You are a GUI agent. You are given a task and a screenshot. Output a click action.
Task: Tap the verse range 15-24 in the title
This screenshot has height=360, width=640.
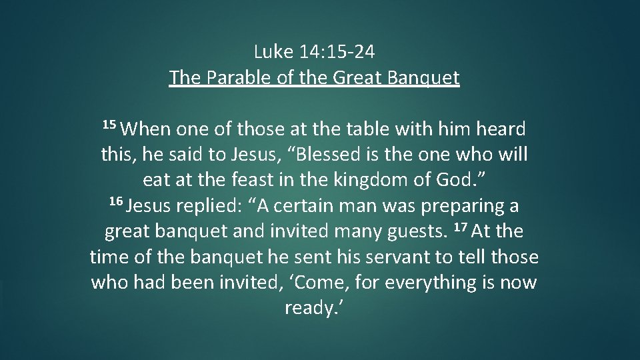(x=358, y=51)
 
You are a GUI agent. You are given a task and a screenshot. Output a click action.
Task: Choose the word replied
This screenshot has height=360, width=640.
(x=199, y=207)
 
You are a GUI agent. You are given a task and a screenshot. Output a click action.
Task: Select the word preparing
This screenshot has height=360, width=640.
(x=459, y=207)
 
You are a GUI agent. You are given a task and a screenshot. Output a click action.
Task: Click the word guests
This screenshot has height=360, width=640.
(x=413, y=232)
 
